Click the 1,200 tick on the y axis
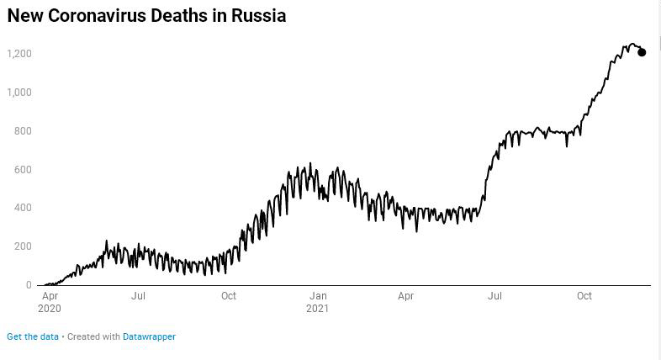(x=19, y=54)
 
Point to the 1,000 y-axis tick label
(x=19, y=92)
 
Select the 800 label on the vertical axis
(x=23, y=131)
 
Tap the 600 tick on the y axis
(x=23, y=170)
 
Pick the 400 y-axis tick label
(x=23, y=208)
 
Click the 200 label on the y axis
(x=23, y=246)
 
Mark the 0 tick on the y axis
(x=29, y=285)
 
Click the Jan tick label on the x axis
(x=318, y=296)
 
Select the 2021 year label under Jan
(x=318, y=308)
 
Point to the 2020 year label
(x=50, y=308)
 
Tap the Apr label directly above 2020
(x=50, y=296)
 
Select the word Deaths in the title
(x=188, y=15)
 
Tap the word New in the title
(x=24, y=15)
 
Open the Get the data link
(x=33, y=336)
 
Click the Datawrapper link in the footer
(x=149, y=336)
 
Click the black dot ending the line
(x=642, y=52)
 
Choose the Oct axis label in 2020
(x=228, y=296)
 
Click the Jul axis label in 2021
(x=494, y=296)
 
